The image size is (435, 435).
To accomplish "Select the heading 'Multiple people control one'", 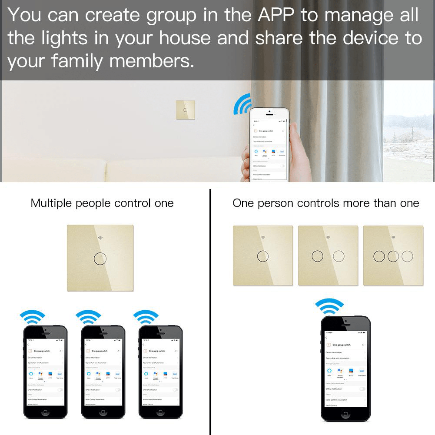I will (102, 203).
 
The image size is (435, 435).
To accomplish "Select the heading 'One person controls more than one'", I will (325, 203).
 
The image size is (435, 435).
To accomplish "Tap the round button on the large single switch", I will (100, 259).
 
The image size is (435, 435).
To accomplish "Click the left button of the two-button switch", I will (318, 256).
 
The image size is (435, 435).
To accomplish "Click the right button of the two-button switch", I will (339, 256).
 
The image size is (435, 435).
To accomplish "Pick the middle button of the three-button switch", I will (393, 256).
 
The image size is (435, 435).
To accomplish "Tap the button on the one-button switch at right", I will (262, 256).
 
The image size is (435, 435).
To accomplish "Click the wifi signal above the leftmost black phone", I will (33, 317).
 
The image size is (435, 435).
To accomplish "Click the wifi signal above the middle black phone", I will (88, 317).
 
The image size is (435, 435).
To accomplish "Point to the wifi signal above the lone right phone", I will (329, 306).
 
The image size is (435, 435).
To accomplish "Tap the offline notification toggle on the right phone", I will (362, 389).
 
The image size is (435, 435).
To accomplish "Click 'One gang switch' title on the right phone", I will (341, 345).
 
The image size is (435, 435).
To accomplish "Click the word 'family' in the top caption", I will (78, 61).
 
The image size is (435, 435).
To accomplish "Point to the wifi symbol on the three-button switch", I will (393, 238).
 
